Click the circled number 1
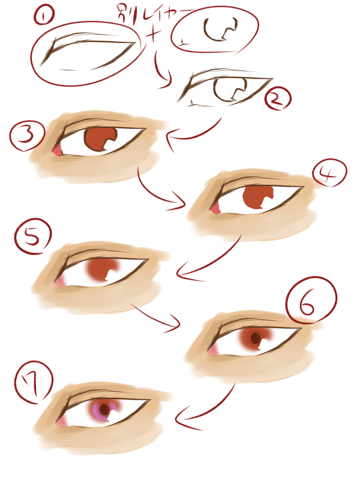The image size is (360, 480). tap(44, 16)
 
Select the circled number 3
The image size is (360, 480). tap(27, 136)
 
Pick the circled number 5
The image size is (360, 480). tap(33, 236)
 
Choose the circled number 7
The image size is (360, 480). tap(34, 383)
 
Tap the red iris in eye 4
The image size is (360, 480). tap(257, 197)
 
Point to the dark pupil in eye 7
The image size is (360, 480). tap(104, 409)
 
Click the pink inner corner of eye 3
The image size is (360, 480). tap(57, 150)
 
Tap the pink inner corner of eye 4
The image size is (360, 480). tap(215, 208)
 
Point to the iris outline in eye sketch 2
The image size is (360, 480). tap(230, 91)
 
